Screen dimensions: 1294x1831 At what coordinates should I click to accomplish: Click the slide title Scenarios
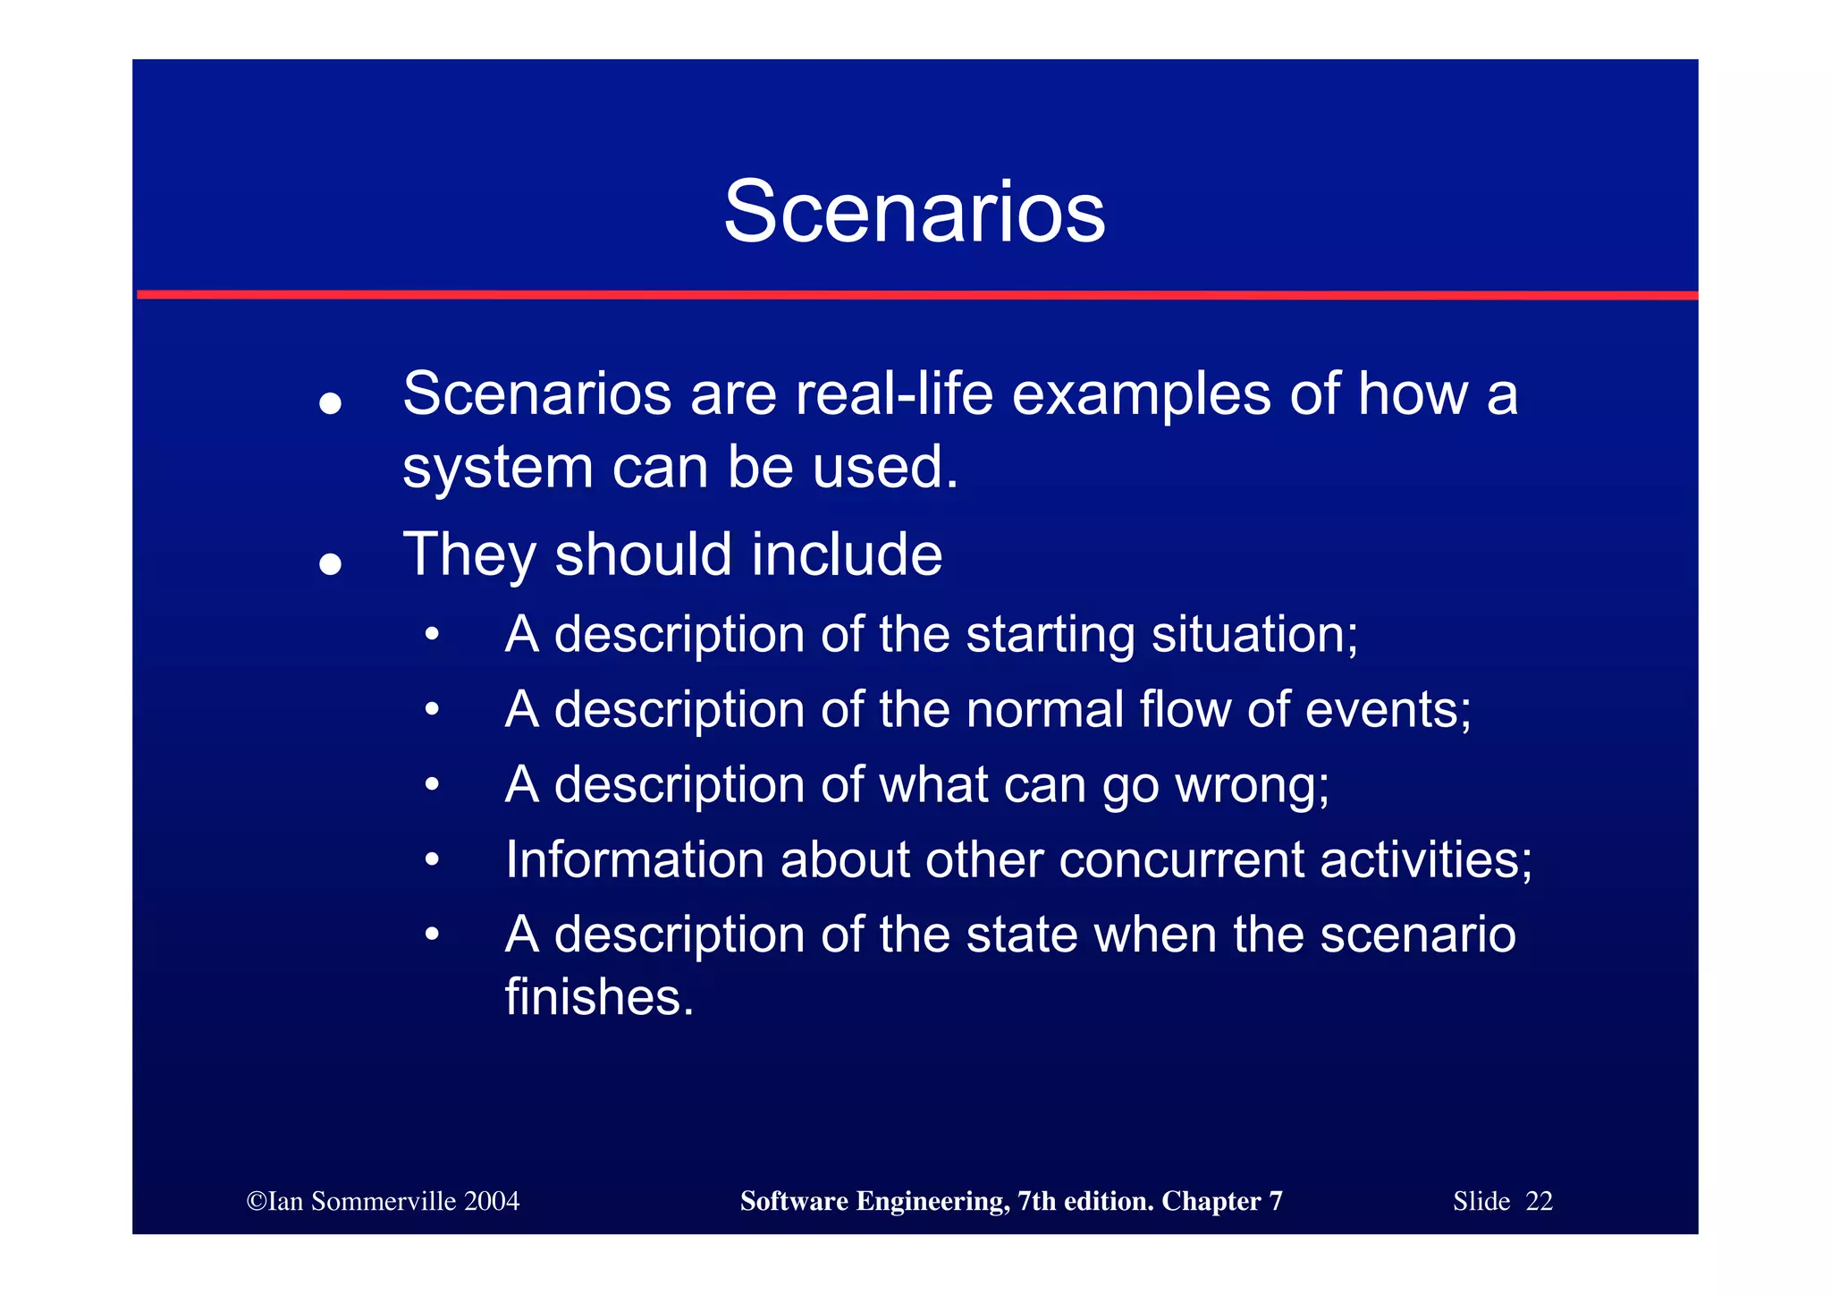pos(914,212)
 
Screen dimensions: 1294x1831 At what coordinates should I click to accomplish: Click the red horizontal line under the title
pos(915,294)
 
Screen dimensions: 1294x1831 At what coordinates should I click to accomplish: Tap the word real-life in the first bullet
pos(893,393)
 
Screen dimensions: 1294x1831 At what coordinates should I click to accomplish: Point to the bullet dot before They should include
pos(331,564)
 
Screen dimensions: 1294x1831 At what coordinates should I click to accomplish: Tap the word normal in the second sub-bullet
pos(1044,710)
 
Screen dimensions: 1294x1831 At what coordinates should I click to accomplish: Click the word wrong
pos(1252,786)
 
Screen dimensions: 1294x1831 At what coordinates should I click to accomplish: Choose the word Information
pos(634,860)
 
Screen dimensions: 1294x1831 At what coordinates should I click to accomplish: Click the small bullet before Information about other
pos(433,860)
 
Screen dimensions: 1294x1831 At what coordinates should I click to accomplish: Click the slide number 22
pos(1539,1201)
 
